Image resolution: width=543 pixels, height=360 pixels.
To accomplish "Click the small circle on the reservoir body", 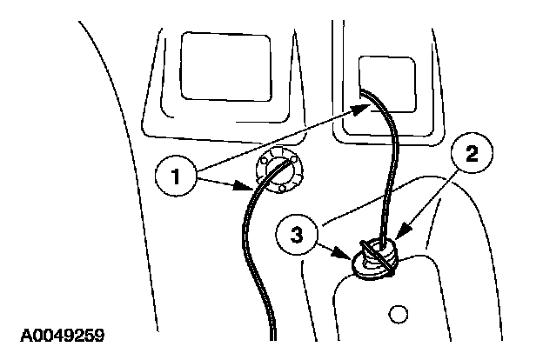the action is point(399,312).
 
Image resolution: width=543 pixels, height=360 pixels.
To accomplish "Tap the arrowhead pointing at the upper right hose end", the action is point(357,109).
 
